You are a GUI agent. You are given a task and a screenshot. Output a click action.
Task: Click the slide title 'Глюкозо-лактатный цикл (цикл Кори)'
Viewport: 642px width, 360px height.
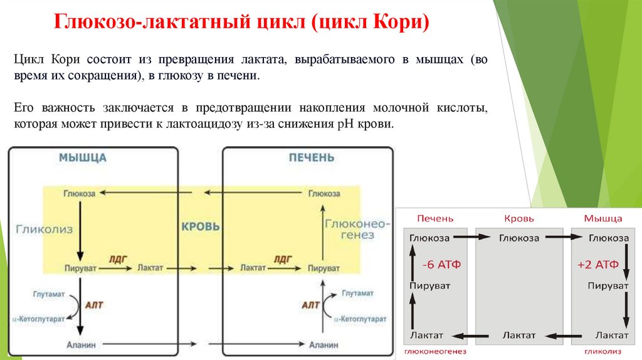pos(244,24)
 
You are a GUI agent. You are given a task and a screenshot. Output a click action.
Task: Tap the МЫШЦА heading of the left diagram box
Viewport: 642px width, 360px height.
pos(82,157)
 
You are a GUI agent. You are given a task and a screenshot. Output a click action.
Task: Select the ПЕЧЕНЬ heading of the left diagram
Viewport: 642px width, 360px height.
pos(312,157)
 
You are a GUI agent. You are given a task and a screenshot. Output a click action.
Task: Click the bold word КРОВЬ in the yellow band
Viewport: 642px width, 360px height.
pos(201,226)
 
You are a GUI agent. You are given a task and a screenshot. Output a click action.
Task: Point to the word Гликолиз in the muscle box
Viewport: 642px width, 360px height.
pos(45,230)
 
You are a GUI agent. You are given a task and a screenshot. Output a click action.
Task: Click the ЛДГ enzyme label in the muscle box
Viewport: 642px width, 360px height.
pos(118,258)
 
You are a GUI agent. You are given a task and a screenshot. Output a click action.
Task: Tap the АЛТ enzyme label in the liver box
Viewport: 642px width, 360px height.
pos(311,305)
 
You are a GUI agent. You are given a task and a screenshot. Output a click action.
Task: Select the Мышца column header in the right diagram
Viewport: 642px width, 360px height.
pos(603,218)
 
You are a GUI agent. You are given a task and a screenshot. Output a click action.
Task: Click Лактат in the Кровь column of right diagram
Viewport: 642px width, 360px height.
pos(518,336)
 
